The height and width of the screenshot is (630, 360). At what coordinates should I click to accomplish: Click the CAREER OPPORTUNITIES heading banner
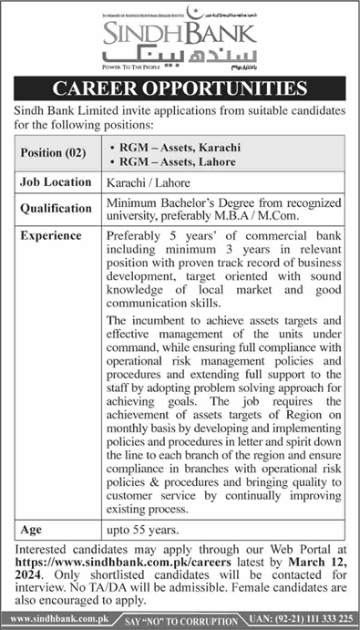point(180,89)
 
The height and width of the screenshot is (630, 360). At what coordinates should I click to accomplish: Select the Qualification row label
point(56,208)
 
